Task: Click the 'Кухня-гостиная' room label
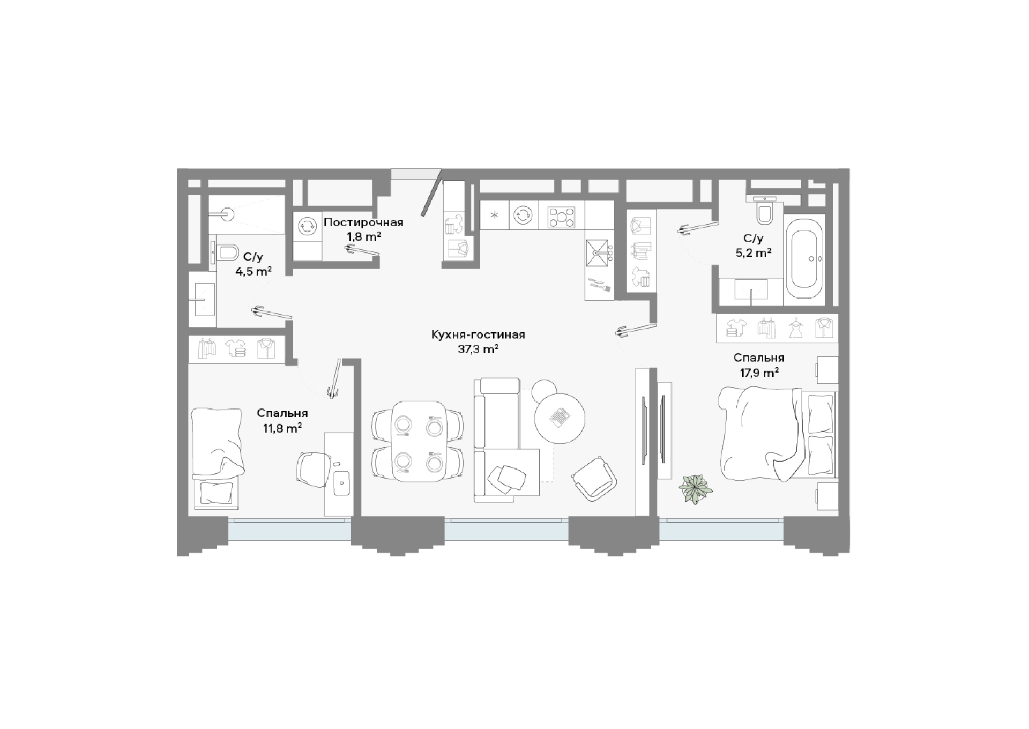click(478, 335)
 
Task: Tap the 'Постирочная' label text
click(363, 222)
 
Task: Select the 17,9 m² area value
click(759, 372)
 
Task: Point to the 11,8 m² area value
click(282, 428)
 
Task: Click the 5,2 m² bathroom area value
click(753, 252)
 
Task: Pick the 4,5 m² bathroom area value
click(253, 271)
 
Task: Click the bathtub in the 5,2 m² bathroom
click(804, 259)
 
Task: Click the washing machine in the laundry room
click(307, 226)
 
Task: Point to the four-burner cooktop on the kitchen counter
click(561, 217)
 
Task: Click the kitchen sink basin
click(596, 252)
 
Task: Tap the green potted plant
click(696, 488)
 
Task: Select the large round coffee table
click(560, 418)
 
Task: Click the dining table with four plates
click(420, 441)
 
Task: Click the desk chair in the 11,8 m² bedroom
click(314, 469)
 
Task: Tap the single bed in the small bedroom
click(217, 458)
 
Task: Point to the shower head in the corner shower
click(227, 214)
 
